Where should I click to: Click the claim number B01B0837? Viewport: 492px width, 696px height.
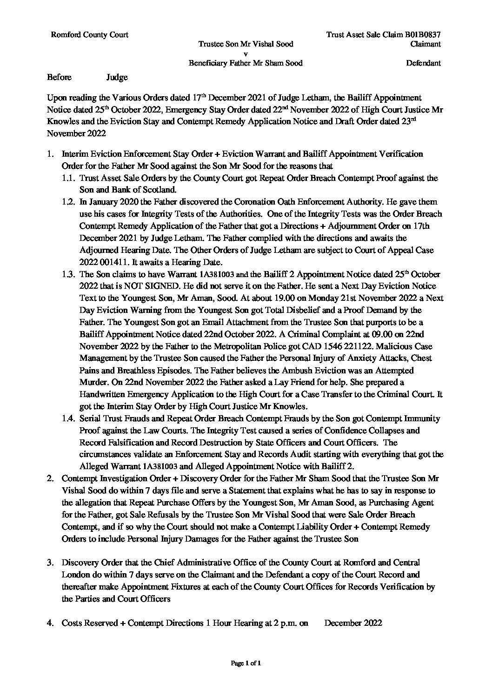click(x=424, y=34)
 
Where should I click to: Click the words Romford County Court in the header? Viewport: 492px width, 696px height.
click(x=89, y=34)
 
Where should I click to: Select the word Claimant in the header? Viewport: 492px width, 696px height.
click(x=426, y=44)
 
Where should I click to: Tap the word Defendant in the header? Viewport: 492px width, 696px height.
click(x=423, y=63)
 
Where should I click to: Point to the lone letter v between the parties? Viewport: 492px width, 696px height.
click(x=246, y=53)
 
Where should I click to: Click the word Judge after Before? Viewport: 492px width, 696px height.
click(x=117, y=77)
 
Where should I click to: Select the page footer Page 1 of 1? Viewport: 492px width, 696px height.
click(x=246, y=676)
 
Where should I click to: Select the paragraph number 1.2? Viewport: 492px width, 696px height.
click(x=68, y=202)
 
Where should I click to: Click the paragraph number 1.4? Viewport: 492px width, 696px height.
click(x=68, y=418)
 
